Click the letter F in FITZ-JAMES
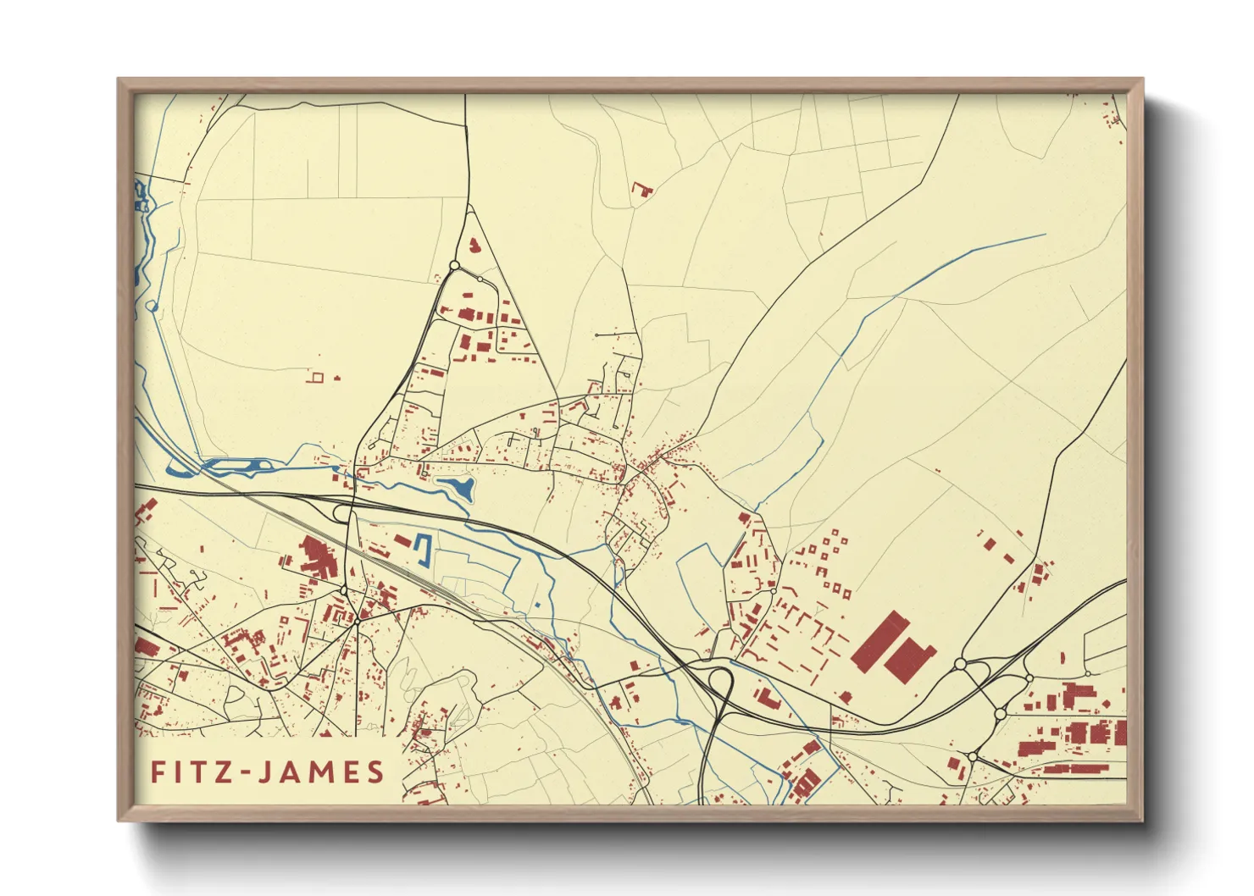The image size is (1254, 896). click(x=158, y=772)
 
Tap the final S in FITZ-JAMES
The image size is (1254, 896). click(x=375, y=772)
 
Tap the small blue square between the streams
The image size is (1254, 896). click(x=537, y=605)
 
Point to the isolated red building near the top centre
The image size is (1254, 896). click(x=643, y=189)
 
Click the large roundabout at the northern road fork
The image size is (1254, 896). click(x=454, y=266)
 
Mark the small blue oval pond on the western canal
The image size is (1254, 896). click(x=152, y=306)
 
